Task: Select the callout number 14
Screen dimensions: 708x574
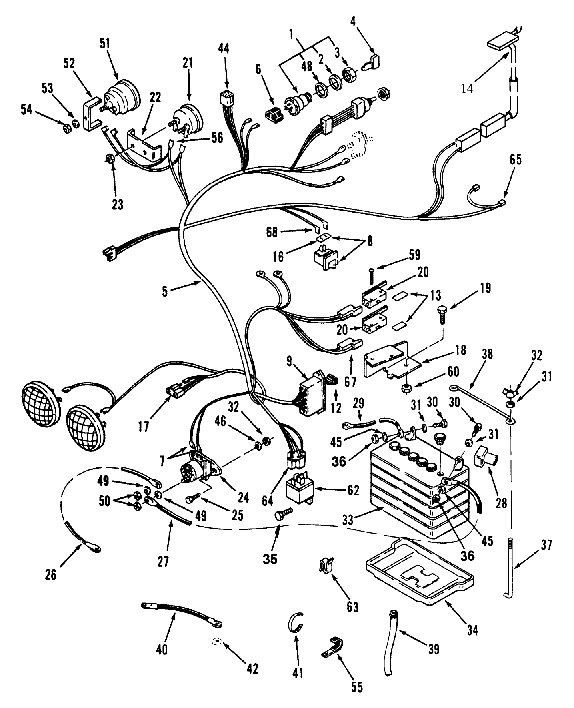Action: click(x=467, y=88)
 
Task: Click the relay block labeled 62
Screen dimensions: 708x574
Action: click(x=300, y=490)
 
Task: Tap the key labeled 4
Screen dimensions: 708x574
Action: click(x=374, y=62)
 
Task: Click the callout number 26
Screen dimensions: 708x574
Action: click(x=51, y=574)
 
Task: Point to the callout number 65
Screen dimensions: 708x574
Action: click(x=516, y=160)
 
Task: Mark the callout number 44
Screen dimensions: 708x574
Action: click(x=224, y=49)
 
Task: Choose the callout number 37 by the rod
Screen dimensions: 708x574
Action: click(x=546, y=544)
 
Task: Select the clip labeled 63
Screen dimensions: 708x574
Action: click(x=327, y=566)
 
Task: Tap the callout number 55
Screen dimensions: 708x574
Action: click(x=357, y=687)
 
